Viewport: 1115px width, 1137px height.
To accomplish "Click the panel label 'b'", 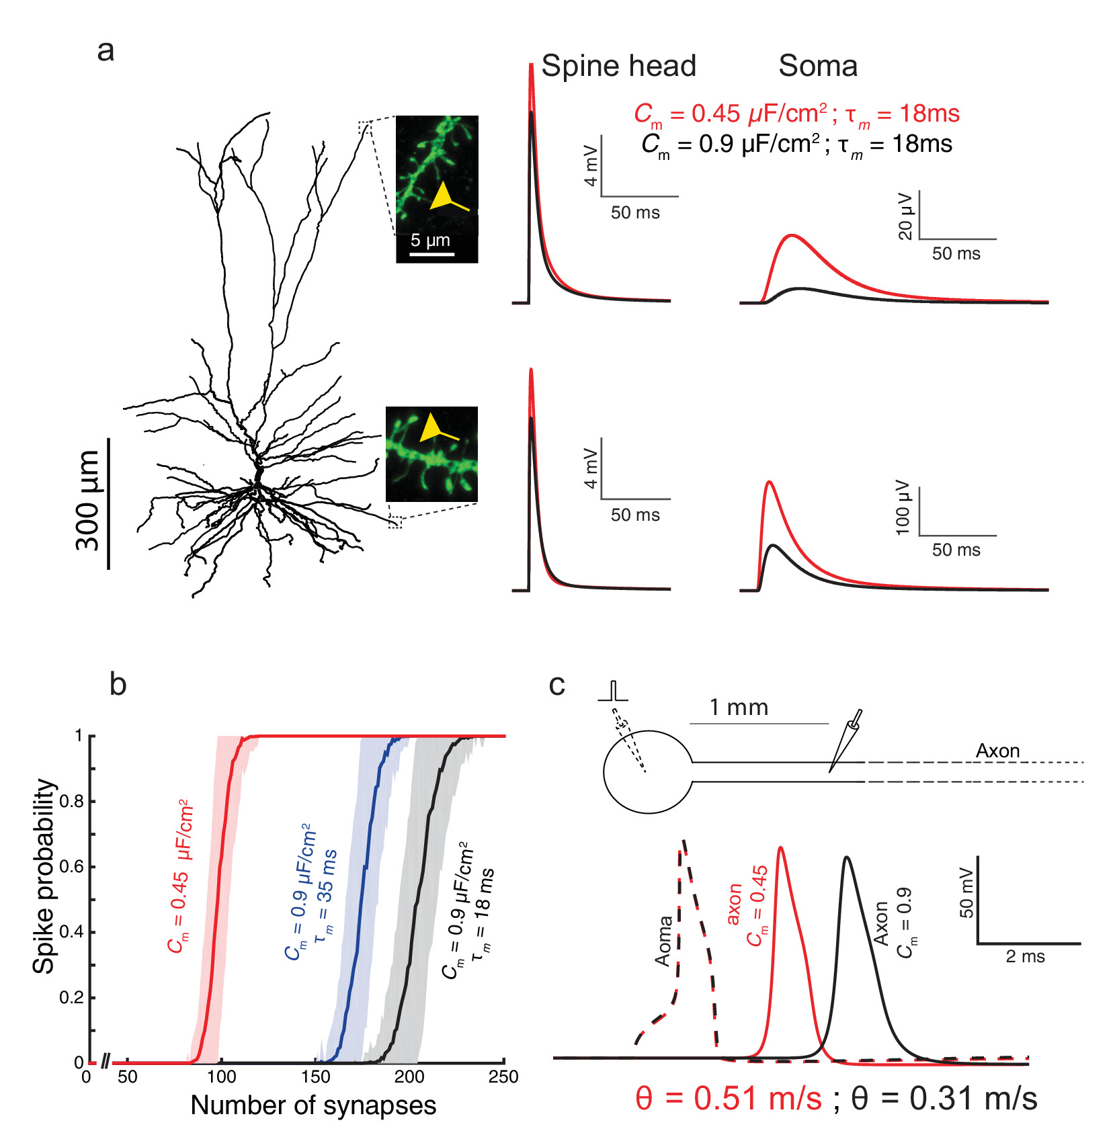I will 118,685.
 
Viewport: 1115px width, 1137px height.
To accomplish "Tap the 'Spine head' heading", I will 618,67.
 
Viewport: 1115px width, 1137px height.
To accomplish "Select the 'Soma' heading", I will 818,67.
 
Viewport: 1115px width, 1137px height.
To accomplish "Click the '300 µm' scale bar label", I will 88,501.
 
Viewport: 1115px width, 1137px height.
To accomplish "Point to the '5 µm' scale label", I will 430,241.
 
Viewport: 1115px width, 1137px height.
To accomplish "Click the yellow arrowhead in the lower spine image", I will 430,428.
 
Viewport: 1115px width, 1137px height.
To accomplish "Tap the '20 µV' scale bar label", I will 905,216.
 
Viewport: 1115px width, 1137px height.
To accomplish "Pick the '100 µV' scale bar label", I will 903,507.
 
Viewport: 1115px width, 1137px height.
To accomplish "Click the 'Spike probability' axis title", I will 44,876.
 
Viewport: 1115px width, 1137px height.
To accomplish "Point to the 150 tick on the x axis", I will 315,1077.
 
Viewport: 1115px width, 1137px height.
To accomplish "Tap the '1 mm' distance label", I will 739,708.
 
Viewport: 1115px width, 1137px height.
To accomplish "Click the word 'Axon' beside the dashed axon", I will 997,751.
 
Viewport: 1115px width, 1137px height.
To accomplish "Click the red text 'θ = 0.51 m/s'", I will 729,1099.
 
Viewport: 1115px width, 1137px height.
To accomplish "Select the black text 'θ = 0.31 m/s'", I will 944,1099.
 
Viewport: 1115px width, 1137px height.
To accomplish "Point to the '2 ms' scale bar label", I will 1025,957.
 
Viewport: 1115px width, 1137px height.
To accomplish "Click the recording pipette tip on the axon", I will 831,770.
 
